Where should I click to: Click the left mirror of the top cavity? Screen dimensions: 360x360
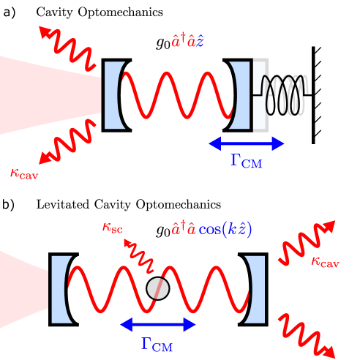tap(110, 94)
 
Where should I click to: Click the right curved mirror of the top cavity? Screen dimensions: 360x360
tap(241, 94)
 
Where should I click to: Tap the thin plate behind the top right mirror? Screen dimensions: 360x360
tap(258, 94)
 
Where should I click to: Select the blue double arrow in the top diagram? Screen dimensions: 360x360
tap(247, 143)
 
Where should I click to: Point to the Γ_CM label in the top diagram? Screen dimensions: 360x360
tap(247, 160)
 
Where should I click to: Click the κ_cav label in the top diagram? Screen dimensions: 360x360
tap(24, 173)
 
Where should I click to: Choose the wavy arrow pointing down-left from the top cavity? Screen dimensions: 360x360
tap(68, 143)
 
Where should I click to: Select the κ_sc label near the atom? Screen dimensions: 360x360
tap(112, 228)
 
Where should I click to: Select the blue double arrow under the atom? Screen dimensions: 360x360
tap(158, 324)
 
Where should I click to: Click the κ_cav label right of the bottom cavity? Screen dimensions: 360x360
tap(325, 261)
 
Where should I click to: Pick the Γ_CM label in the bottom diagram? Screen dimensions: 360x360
tap(157, 344)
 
